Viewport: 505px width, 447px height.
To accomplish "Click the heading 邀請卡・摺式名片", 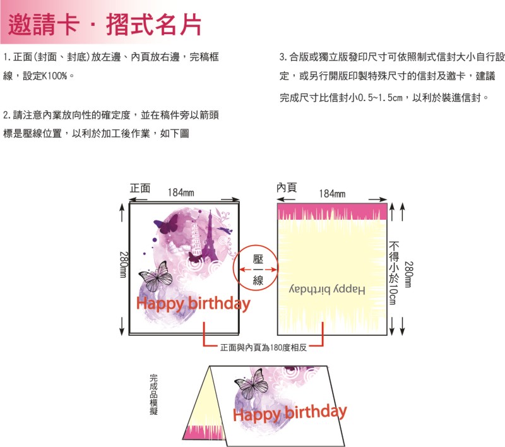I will [x=105, y=25].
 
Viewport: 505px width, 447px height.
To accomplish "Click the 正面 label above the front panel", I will [x=140, y=188].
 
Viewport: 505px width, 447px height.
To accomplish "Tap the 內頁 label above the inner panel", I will [x=287, y=188].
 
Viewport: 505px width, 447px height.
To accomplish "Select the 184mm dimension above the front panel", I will [x=181, y=193].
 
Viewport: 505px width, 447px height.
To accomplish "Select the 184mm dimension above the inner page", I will [x=332, y=193].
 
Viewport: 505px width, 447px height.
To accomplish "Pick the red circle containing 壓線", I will [x=258, y=270].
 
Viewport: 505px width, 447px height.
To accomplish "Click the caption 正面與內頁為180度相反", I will [x=263, y=347].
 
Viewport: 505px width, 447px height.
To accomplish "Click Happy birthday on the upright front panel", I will [x=193, y=304].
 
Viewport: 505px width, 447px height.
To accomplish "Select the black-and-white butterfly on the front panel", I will [x=155, y=276].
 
